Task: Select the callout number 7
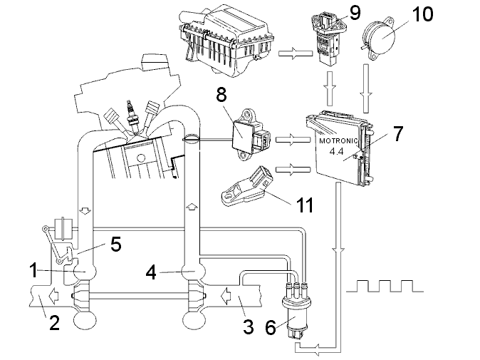coord(398,133)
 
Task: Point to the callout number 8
coord(221,93)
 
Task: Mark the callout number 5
coord(115,245)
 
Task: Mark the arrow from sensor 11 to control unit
coord(288,170)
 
